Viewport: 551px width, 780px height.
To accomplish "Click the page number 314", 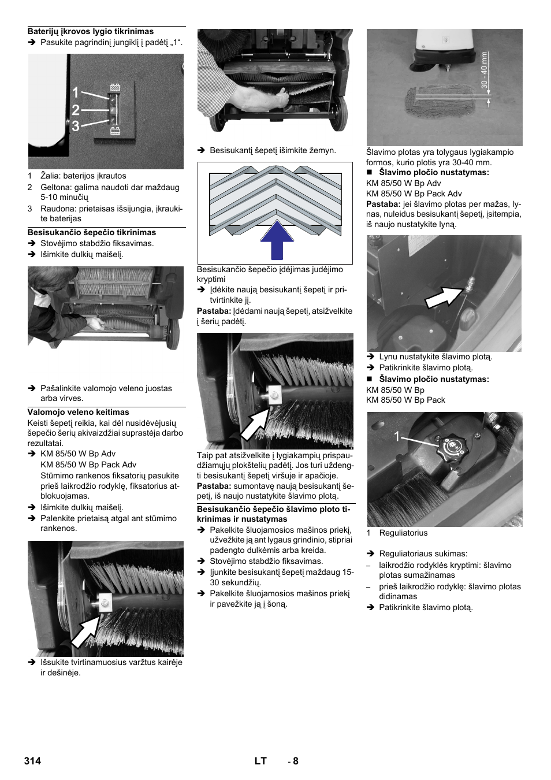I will [33, 761].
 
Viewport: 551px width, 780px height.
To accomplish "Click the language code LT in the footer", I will [260, 761].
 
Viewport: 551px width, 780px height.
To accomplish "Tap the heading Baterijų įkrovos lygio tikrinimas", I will [91, 32].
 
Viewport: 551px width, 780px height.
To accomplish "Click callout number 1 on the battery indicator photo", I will [76, 93].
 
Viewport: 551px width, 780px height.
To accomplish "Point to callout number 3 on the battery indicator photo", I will [76, 125].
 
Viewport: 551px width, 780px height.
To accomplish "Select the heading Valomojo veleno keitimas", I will [79, 413].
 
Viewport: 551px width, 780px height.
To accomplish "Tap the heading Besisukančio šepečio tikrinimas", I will [92, 233].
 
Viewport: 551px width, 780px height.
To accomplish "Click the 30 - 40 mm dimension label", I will [485, 70].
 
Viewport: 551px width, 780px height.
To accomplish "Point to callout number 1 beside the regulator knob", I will [397, 437].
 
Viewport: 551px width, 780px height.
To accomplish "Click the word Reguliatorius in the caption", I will [403, 533].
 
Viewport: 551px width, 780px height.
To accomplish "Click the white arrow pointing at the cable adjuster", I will [444, 296].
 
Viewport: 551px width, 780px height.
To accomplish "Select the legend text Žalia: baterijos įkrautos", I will [83, 176].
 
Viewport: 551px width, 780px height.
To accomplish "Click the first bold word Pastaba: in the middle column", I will [214, 311].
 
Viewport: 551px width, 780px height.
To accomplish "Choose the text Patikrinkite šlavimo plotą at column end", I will [426, 608].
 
